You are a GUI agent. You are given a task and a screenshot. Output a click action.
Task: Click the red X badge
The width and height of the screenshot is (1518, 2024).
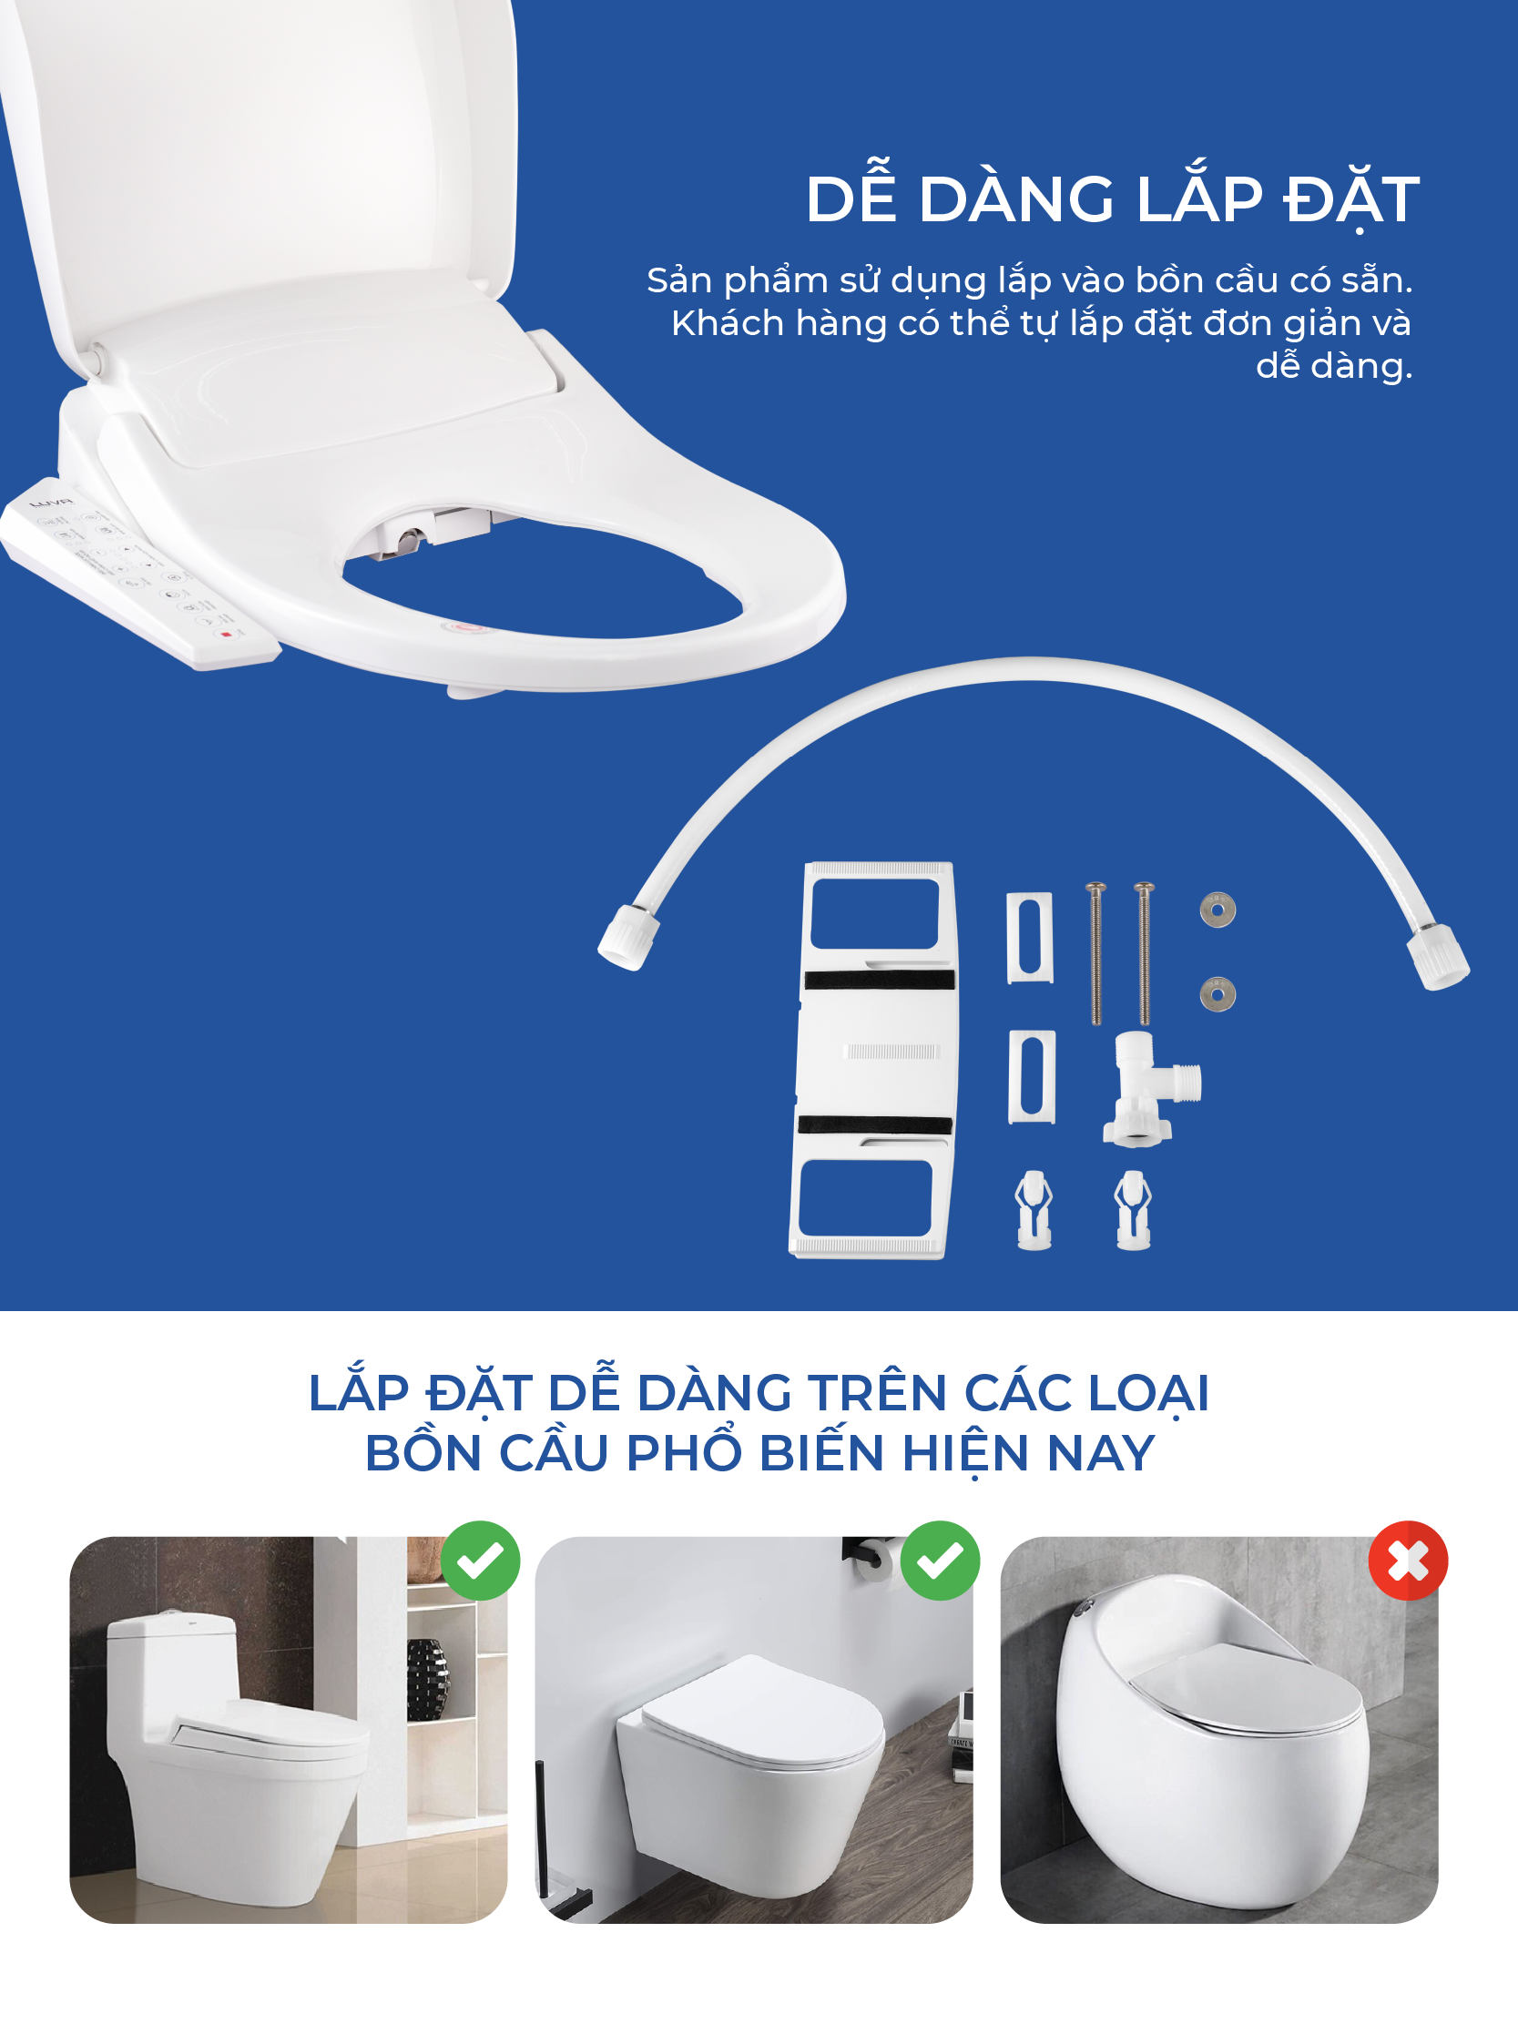click(x=1407, y=1560)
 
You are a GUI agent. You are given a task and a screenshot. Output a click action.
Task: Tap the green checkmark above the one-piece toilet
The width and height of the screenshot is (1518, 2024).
click(x=481, y=1560)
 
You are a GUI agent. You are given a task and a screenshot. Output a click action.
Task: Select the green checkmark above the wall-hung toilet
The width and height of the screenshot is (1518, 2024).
click(x=940, y=1560)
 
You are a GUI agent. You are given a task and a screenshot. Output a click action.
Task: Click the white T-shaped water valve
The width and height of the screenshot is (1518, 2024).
click(x=1150, y=1089)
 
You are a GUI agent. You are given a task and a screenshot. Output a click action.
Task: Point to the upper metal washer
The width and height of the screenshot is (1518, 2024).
click(x=1217, y=910)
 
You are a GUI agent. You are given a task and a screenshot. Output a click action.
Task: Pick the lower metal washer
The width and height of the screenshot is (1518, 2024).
click(x=1217, y=993)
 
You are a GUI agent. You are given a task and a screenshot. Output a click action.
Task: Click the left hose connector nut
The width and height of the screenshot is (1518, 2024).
click(x=627, y=937)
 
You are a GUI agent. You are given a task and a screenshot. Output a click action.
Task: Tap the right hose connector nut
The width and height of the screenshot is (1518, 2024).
click(x=1439, y=957)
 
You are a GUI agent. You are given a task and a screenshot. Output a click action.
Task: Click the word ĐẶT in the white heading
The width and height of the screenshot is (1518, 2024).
click(x=1351, y=199)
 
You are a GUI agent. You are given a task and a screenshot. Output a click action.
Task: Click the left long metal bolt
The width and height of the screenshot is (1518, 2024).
click(x=1095, y=953)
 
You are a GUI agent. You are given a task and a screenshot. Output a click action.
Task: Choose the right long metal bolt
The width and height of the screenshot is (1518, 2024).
click(x=1144, y=953)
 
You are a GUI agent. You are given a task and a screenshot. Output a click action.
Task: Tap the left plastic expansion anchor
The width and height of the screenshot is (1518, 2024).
click(x=1034, y=1210)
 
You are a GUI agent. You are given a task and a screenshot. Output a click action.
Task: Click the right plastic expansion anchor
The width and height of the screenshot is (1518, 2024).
click(x=1133, y=1210)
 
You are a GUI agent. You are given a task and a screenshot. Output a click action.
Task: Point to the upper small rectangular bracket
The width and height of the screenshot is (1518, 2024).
click(x=1029, y=938)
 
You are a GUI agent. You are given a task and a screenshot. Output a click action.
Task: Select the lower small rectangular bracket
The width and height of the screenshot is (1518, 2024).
click(x=1031, y=1077)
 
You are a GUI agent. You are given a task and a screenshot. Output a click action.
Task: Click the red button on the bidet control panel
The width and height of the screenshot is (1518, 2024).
click(x=226, y=634)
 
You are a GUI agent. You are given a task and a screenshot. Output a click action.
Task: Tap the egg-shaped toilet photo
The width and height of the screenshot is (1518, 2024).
click(x=1218, y=1729)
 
